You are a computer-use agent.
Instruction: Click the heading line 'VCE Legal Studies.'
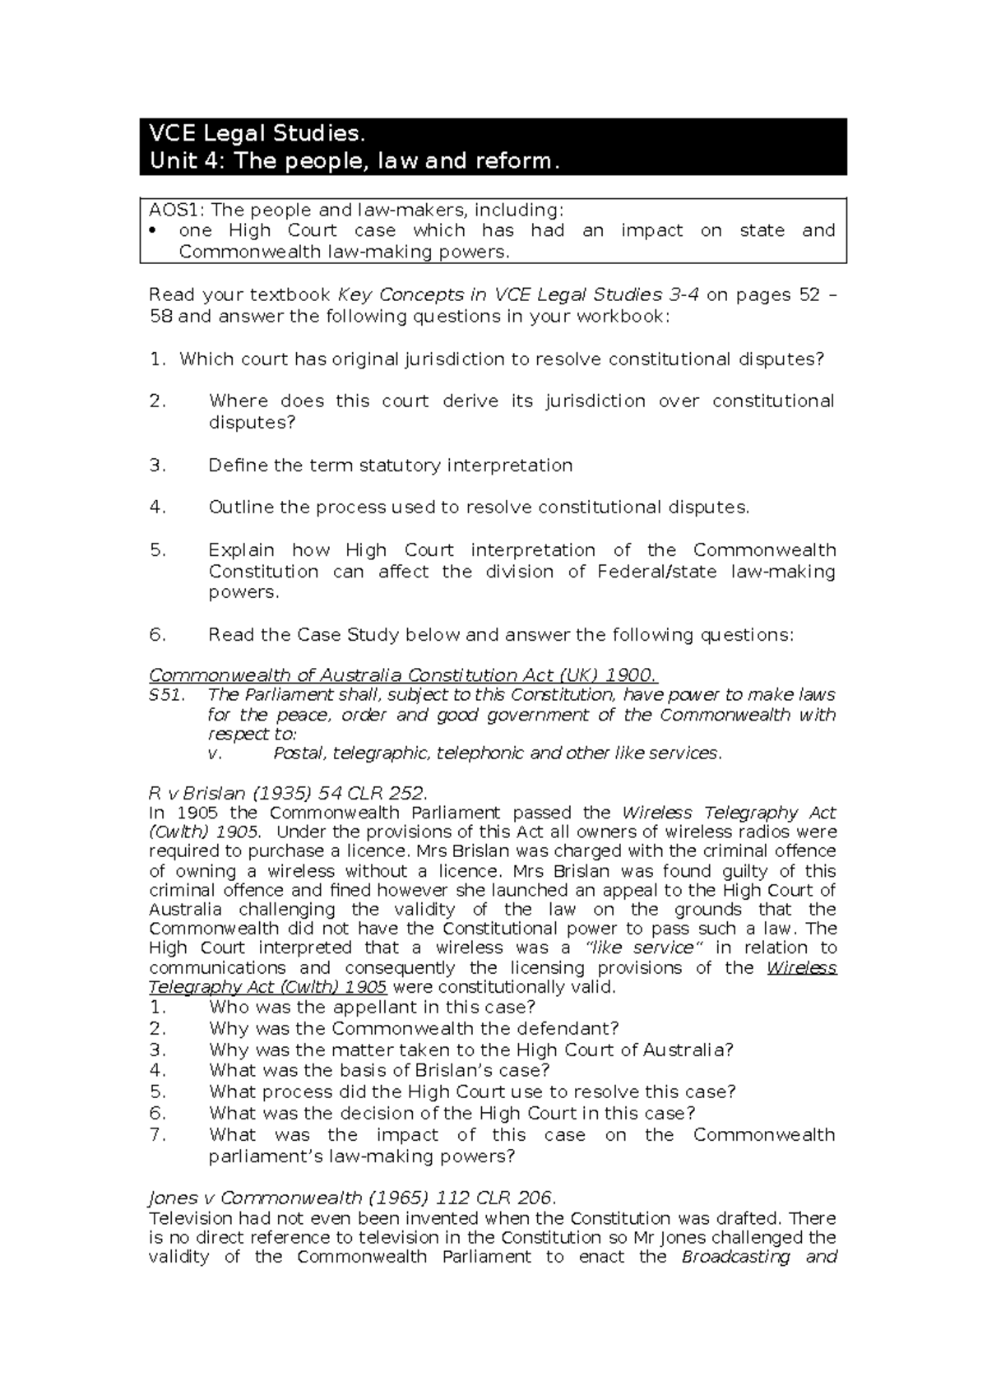point(254,134)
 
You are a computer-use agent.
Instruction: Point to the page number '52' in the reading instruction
point(809,295)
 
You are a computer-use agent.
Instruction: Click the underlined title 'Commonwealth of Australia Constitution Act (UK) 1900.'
point(403,676)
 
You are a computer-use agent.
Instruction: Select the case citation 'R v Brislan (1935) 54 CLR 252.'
point(288,794)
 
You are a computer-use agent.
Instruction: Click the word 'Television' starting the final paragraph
point(189,1219)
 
